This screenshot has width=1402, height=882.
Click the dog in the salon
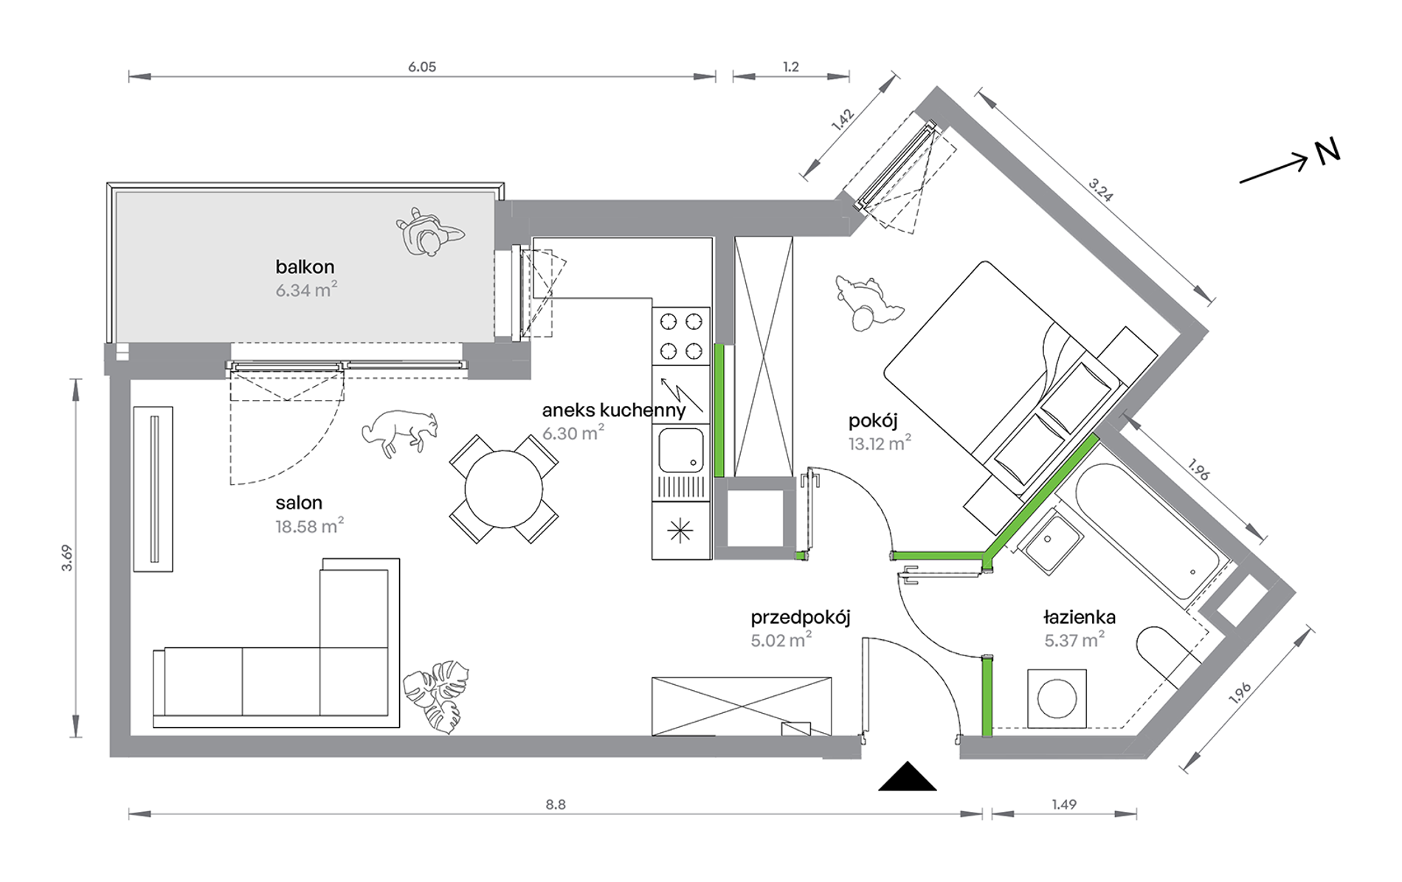point(399,433)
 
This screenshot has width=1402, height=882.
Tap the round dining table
point(503,489)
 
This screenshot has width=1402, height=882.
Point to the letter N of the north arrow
point(1327,152)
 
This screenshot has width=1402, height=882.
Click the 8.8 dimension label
point(556,805)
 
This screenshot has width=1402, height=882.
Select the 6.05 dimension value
point(422,67)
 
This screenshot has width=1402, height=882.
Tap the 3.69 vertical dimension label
point(67,557)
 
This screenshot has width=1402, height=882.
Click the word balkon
point(305,266)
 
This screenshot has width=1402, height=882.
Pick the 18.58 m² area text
point(309,526)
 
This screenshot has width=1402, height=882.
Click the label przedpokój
point(801,618)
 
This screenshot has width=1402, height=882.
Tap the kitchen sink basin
point(681,450)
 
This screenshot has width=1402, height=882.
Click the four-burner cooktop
point(681,336)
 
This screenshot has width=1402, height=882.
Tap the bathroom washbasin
point(1051,541)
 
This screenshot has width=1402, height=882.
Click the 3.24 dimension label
point(1100,190)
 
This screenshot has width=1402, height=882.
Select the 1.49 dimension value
point(1064,805)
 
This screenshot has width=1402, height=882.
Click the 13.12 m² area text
point(880,444)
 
